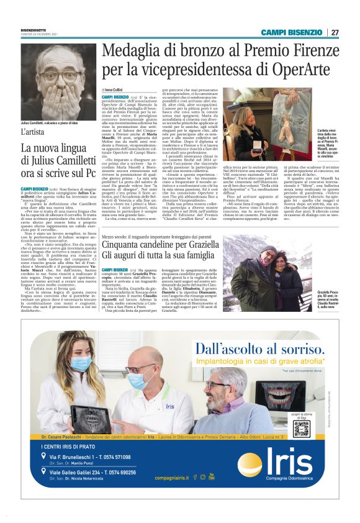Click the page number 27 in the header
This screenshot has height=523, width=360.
click(335, 32)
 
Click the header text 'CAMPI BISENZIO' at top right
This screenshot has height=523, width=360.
click(291, 32)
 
